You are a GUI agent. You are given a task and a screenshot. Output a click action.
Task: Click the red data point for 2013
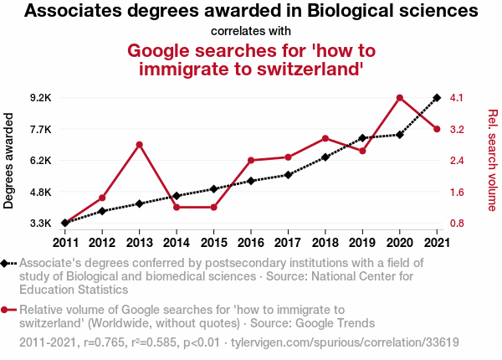pos(140,145)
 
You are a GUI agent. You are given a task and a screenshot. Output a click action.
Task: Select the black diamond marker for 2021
pos(437,98)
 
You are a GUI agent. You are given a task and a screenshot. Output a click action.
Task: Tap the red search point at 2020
pos(400,98)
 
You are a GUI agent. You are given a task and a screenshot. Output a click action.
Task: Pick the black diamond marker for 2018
pos(325,157)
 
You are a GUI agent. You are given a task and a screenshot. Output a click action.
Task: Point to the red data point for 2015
pos(214,207)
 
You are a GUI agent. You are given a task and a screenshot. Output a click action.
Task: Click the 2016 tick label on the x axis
pos(251,242)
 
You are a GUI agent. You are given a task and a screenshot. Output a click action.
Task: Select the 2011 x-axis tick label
pos(65,242)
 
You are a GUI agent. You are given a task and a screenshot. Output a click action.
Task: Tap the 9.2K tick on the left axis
pos(40,98)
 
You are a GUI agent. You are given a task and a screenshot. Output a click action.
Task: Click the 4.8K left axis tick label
pos(40,192)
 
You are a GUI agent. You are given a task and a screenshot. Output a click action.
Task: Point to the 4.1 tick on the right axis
pos(457,98)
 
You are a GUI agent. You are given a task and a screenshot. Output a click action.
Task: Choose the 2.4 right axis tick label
pos(457,161)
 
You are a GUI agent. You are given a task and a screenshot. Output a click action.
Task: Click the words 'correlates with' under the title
pos(251,31)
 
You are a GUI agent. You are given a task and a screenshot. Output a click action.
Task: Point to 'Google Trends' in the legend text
pos(334,323)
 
